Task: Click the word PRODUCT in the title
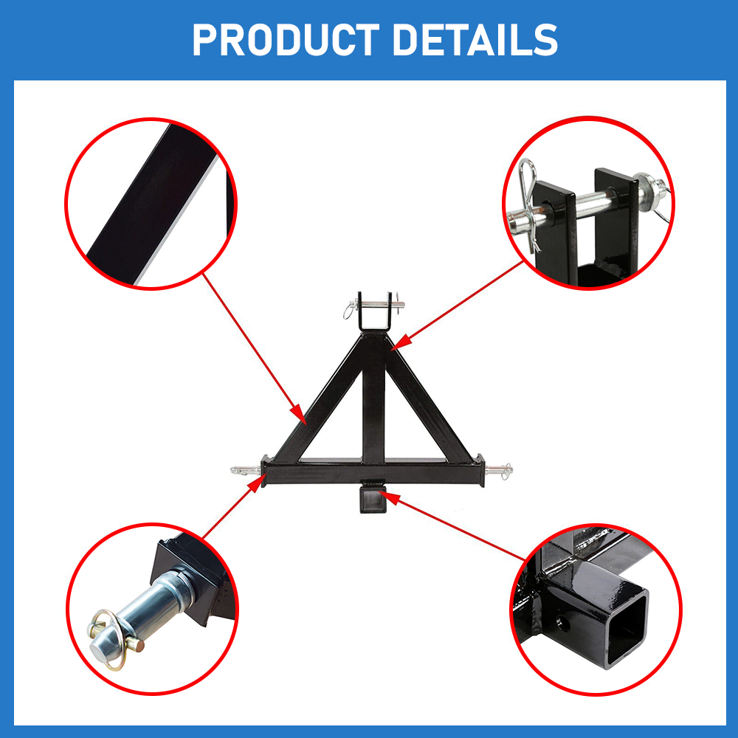point(286,40)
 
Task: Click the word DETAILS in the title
point(475,40)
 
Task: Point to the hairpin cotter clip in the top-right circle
point(529,202)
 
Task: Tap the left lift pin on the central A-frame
point(246,469)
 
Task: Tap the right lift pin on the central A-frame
point(498,469)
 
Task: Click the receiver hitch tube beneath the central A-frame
point(373,497)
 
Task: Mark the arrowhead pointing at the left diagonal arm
point(298,415)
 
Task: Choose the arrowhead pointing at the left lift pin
point(257,483)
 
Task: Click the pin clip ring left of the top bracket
point(349,311)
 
